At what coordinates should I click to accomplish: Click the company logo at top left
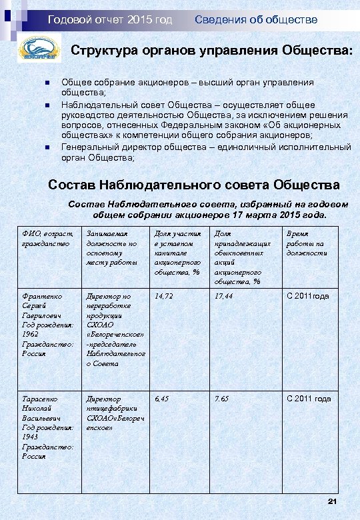click(38, 51)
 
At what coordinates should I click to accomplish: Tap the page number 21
click(334, 501)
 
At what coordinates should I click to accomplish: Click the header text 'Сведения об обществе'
click(256, 20)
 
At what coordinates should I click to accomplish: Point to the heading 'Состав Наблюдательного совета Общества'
click(194, 184)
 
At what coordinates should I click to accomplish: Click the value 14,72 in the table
click(164, 295)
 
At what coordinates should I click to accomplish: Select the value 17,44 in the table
click(223, 295)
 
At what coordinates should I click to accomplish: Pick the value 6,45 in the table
click(162, 399)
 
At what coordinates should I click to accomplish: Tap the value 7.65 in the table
click(221, 399)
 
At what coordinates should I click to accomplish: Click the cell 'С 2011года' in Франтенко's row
click(309, 295)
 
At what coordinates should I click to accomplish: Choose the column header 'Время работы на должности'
click(305, 243)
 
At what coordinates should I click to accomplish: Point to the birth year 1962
click(31, 334)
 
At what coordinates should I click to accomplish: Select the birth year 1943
click(31, 437)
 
